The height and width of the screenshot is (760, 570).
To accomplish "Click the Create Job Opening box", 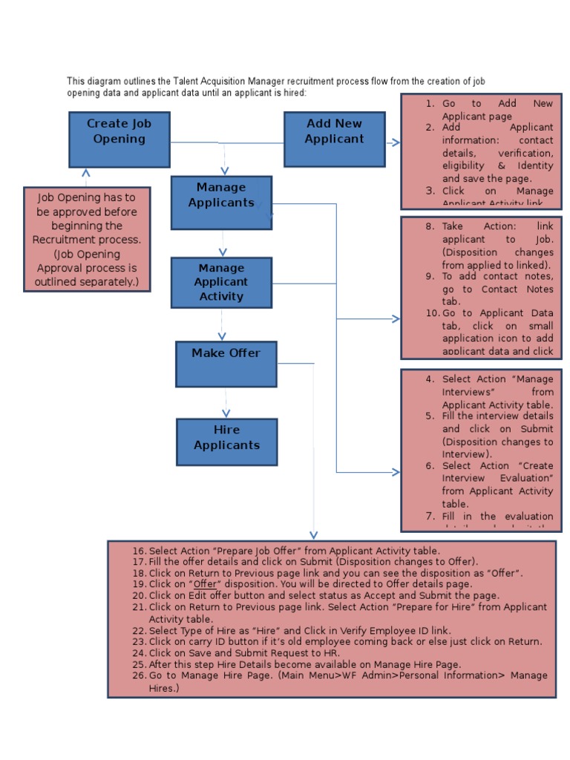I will tap(119, 139).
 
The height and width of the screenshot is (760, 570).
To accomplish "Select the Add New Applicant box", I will tap(334, 139).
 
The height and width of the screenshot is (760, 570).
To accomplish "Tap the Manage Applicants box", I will tap(221, 202).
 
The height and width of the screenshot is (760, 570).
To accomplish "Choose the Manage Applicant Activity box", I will tap(221, 282).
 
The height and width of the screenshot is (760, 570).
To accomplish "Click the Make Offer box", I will tap(226, 364).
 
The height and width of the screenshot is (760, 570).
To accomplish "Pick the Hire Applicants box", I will tap(226, 442).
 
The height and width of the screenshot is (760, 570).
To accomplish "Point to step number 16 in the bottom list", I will tap(140, 551).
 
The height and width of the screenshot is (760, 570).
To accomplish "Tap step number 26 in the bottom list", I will tap(140, 675).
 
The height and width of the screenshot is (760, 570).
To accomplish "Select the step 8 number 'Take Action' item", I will tap(430, 226).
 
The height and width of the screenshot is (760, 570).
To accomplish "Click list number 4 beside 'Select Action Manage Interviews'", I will tap(430, 379).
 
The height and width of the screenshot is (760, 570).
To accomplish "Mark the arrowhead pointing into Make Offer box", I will tap(221, 336).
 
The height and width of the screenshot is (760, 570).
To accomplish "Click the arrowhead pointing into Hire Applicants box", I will tap(226, 413).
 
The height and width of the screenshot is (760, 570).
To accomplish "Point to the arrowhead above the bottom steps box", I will tap(313, 534).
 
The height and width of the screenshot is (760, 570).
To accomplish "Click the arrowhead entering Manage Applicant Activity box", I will tap(222, 253).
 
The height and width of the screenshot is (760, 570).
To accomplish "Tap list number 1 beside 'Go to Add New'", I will tap(430, 104).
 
